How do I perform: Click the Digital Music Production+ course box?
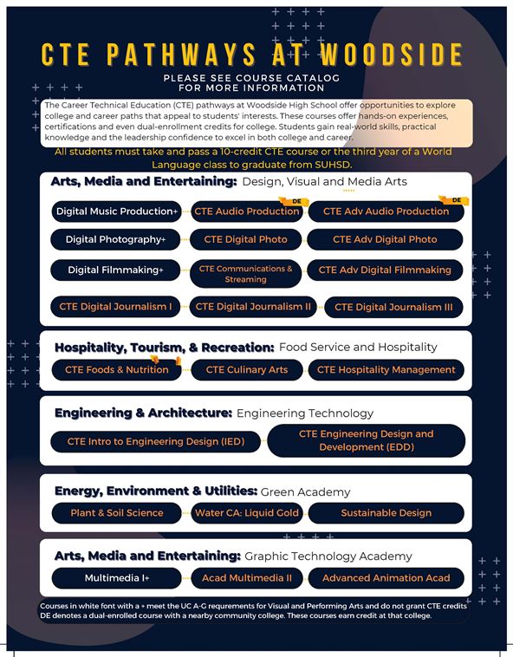click(x=116, y=211)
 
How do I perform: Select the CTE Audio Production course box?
click(x=247, y=211)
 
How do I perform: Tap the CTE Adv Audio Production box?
click(x=386, y=211)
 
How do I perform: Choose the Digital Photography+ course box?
click(x=116, y=239)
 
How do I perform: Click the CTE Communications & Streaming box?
click(x=245, y=274)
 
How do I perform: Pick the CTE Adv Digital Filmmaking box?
click(x=385, y=270)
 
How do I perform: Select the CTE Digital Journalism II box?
click(x=253, y=307)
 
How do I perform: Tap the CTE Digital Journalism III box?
click(x=393, y=307)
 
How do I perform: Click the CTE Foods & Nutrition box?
click(x=116, y=370)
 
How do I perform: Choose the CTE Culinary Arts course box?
click(x=246, y=370)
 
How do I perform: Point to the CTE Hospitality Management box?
click(x=386, y=370)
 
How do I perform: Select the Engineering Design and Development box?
click(x=366, y=440)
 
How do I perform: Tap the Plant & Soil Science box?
click(x=116, y=513)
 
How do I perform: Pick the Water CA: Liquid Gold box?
click(x=246, y=513)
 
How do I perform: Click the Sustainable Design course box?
click(x=386, y=513)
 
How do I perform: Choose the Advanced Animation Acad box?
click(x=386, y=578)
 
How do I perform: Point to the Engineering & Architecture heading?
click(x=143, y=413)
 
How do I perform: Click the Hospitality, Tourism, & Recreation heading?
click(x=164, y=348)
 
